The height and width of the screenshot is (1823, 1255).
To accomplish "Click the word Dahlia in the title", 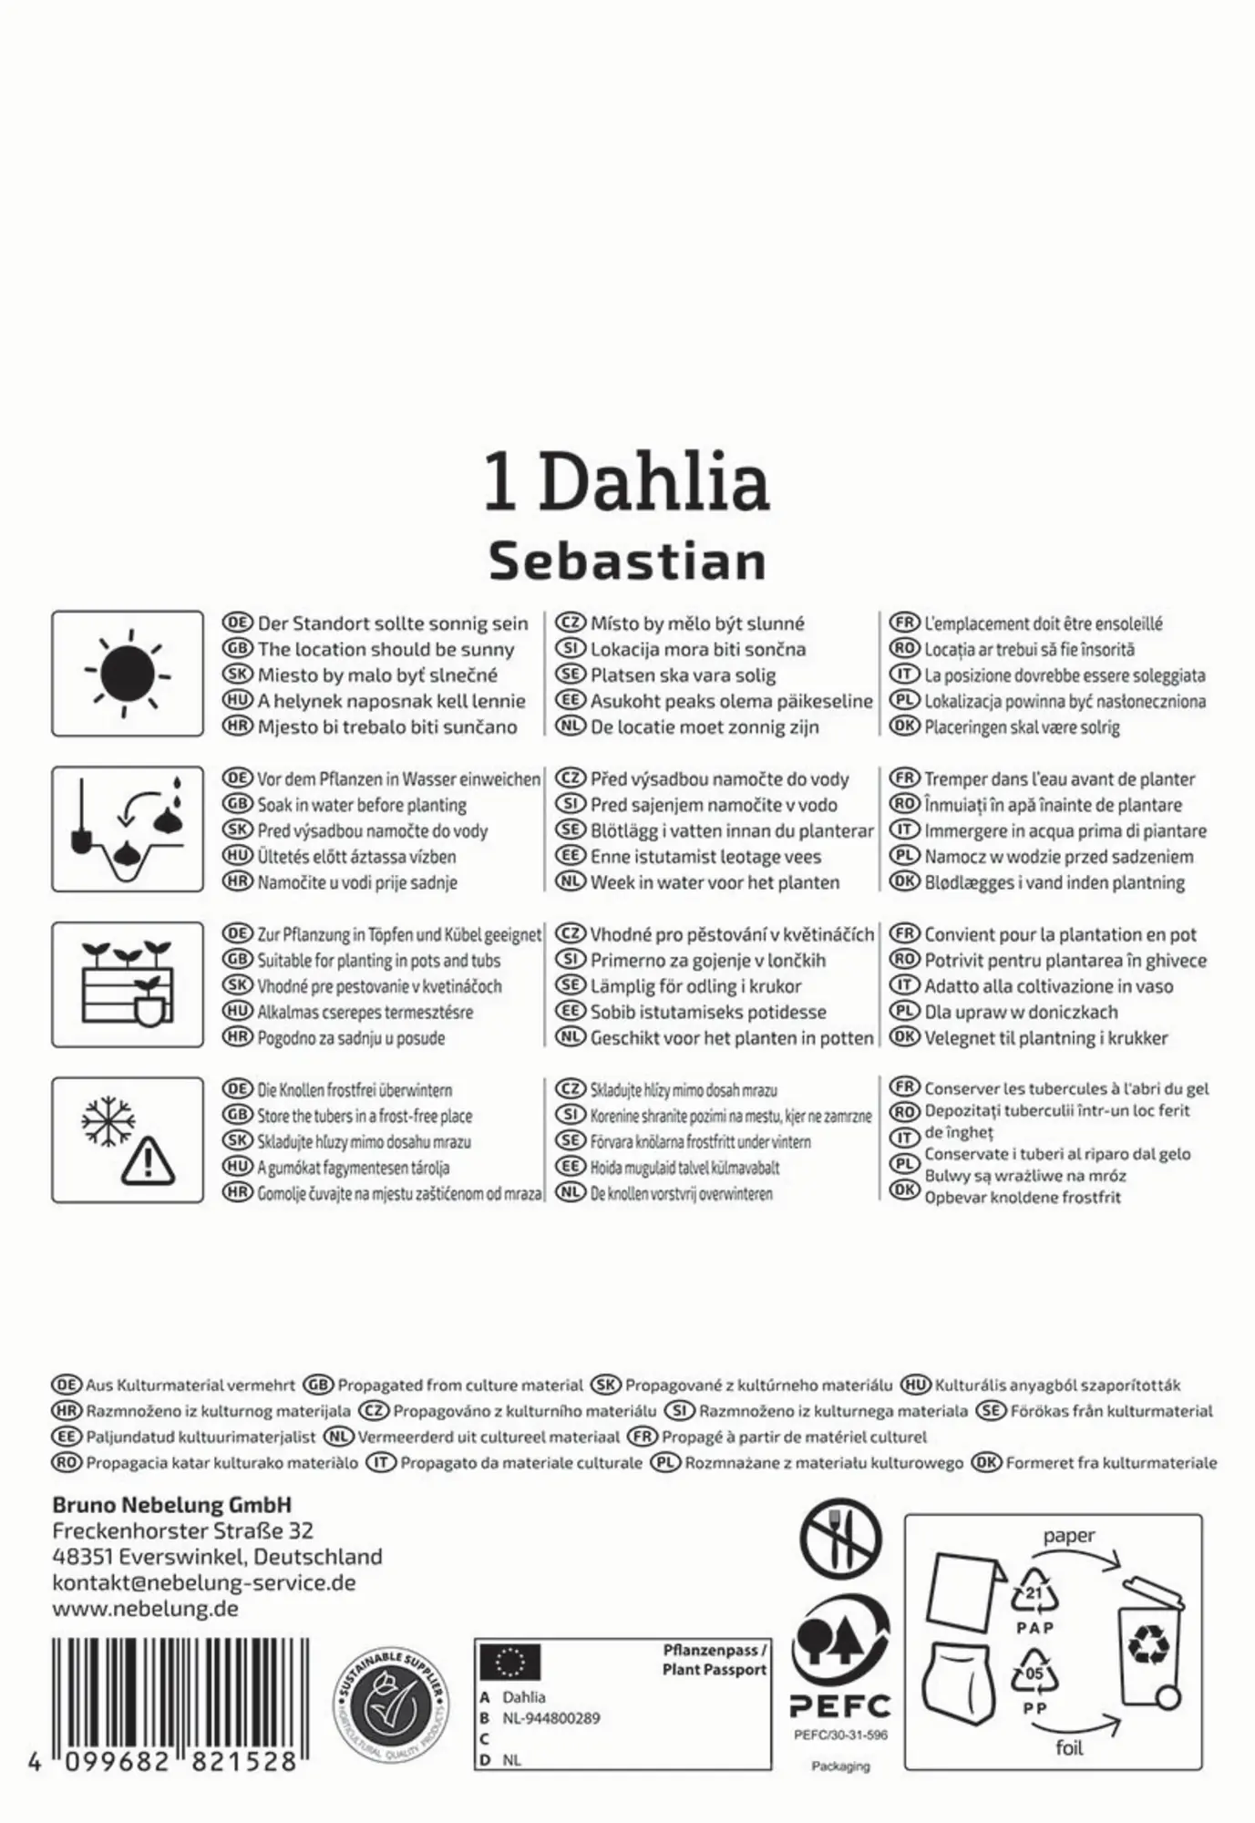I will point(654,481).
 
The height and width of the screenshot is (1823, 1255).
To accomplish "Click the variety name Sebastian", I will point(628,561).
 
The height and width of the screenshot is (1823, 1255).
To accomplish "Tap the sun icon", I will point(128,674).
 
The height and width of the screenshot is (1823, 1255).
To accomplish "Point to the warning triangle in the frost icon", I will point(147,1160).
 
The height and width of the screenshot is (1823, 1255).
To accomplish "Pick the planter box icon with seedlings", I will point(128,984).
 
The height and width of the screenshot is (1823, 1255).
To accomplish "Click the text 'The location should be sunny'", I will point(386,650).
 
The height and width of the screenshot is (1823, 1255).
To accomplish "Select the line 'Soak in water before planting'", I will point(362,805).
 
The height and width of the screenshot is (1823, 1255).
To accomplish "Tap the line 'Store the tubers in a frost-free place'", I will point(365,1116).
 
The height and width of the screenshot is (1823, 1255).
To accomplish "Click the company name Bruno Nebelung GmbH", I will point(171,1505).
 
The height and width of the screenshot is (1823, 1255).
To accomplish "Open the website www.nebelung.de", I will point(145,1608).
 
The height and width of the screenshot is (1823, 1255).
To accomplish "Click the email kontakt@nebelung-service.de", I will point(203,1582).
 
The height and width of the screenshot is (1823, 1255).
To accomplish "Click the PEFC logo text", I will point(839,1706).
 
